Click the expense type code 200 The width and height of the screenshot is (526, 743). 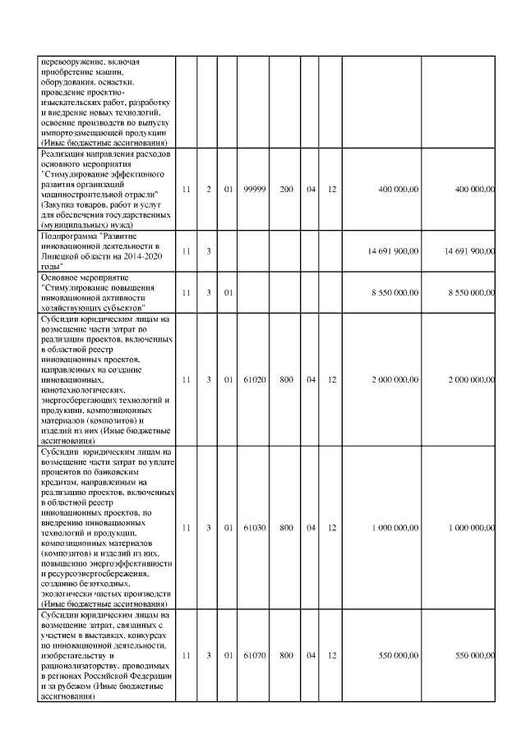tap(286, 190)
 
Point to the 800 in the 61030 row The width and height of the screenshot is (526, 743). tap(286, 528)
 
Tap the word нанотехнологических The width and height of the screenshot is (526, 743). tap(82, 391)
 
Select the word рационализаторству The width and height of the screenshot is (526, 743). tap(80, 666)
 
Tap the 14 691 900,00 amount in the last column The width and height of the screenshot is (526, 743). tap(468, 250)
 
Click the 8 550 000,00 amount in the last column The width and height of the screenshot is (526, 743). tap(470, 291)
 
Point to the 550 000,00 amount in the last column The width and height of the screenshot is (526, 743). tap(474, 656)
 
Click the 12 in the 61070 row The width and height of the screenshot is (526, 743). tap(332, 656)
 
